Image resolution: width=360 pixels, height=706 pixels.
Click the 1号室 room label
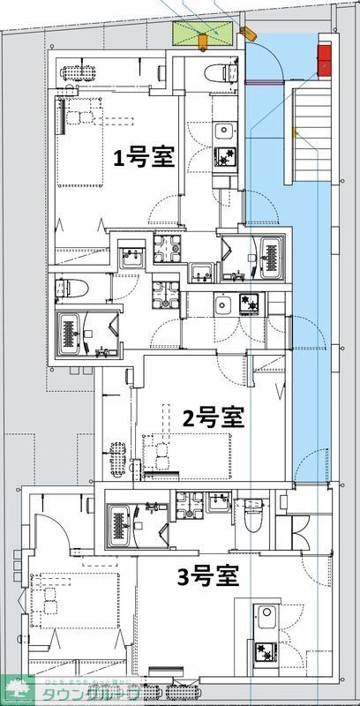(143, 158)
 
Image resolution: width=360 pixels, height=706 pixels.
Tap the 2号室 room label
(213, 416)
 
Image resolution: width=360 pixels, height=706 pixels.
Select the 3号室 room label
(209, 579)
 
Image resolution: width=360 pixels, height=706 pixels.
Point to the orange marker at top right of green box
(246, 33)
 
